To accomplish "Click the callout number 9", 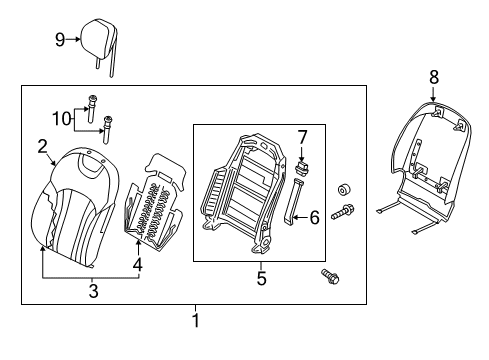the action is tap(60, 40).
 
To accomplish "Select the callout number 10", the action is tap(62, 119).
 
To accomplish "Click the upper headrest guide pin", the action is tap(91, 108).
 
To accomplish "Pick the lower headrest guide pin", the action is tap(108, 130).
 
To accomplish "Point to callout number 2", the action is tap(42, 146).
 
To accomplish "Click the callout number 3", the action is tap(94, 291).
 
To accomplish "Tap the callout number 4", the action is tap(138, 264).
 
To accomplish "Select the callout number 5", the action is tap(262, 278).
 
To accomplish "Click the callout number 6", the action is tap(314, 218).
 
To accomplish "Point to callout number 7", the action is tap(302, 137).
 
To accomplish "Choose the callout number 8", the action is tap(434, 77).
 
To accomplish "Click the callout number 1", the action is tap(196, 320).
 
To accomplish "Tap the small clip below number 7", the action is tap(302, 167).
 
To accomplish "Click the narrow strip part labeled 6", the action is tap(293, 201).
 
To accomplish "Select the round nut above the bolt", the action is tap(343, 190).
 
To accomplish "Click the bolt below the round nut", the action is tap(343, 212).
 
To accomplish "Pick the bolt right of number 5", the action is tap(330, 276).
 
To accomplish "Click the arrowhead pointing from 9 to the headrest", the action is tap(78, 39).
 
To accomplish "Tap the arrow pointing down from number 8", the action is tap(433, 94).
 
